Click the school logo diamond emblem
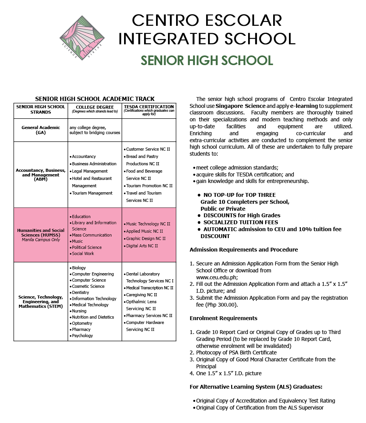[x=80, y=38]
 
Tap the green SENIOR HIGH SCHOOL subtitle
[x=207, y=60]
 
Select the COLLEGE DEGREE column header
[x=95, y=109]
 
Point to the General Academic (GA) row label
[x=41, y=130]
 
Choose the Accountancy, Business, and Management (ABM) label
[x=41, y=175]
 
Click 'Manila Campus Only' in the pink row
[x=41, y=240]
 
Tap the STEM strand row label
[x=41, y=302]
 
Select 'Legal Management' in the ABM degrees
[x=90, y=171]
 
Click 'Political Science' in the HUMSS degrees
[x=87, y=247]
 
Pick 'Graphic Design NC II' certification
[x=146, y=238]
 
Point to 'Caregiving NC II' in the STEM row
[x=142, y=295]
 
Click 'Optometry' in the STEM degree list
[x=82, y=323]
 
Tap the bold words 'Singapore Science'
[x=240, y=106]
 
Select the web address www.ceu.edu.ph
[x=217, y=277]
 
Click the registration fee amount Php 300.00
[x=222, y=305]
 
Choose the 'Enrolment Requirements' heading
[x=223, y=318]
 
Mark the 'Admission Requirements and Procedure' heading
[x=243, y=250]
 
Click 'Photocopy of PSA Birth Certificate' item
[x=236, y=352]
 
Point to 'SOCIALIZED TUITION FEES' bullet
[x=241, y=222]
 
